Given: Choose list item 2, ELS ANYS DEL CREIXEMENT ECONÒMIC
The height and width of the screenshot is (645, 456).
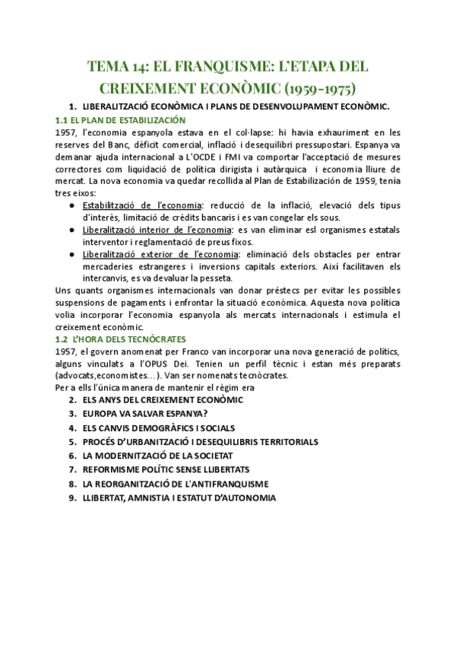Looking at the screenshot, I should pos(163,399).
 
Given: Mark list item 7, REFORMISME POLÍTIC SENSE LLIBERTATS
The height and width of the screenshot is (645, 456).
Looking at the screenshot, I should pos(166,469).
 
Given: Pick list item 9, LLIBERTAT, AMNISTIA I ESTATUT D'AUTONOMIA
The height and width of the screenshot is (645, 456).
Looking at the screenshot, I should pos(179,497).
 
